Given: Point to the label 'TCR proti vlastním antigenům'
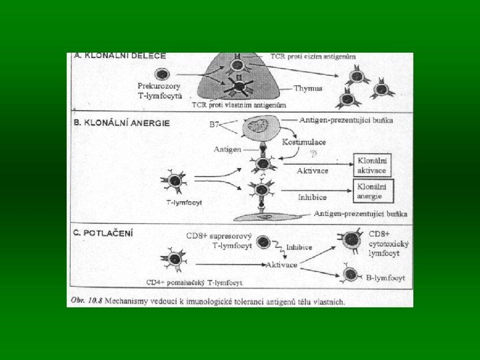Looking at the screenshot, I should (x=239, y=105).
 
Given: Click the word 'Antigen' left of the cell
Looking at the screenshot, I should (x=227, y=149).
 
